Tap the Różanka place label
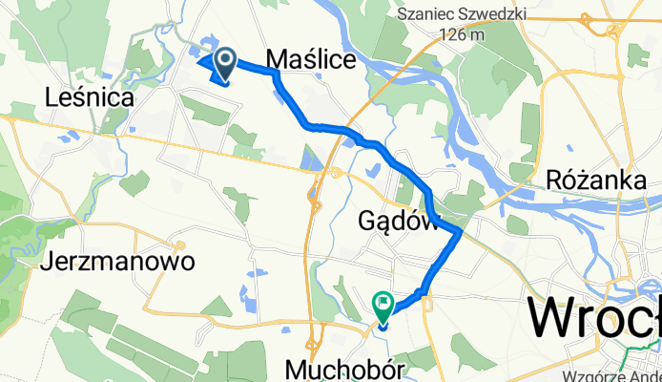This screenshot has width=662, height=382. click(x=586, y=179)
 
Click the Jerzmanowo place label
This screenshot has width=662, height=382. click(x=119, y=261)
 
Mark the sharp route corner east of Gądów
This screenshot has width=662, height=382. click(x=461, y=230)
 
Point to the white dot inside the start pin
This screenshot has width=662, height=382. click(x=225, y=60)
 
